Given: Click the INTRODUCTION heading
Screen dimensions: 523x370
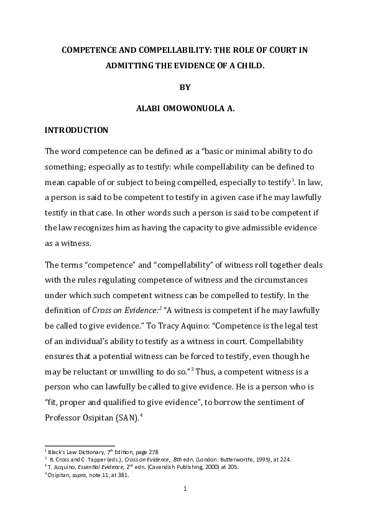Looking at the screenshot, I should [77, 130].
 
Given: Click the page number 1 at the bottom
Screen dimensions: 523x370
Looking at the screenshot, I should [185, 489].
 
